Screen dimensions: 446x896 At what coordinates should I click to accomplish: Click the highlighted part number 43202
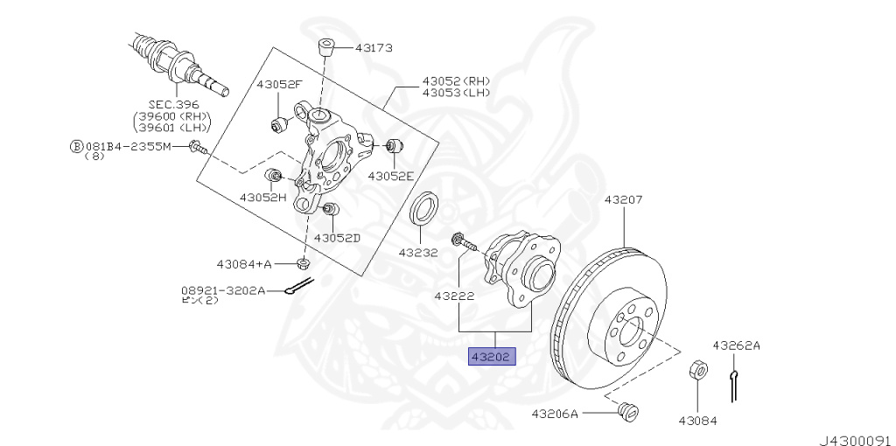[493, 357]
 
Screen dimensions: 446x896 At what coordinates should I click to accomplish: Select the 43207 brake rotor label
[623, 199]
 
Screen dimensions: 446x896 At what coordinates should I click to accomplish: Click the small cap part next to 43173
[325, 46]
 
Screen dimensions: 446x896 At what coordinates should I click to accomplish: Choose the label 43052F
[278, 84]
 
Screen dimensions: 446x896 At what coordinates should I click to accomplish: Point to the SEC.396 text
[173, 104]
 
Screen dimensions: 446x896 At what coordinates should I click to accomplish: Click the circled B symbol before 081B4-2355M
[75, 146]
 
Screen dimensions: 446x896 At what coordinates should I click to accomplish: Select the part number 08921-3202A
[223, 289]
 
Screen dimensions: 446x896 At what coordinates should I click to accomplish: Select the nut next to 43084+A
[303, 262]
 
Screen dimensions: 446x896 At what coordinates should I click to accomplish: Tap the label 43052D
[337, 237]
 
